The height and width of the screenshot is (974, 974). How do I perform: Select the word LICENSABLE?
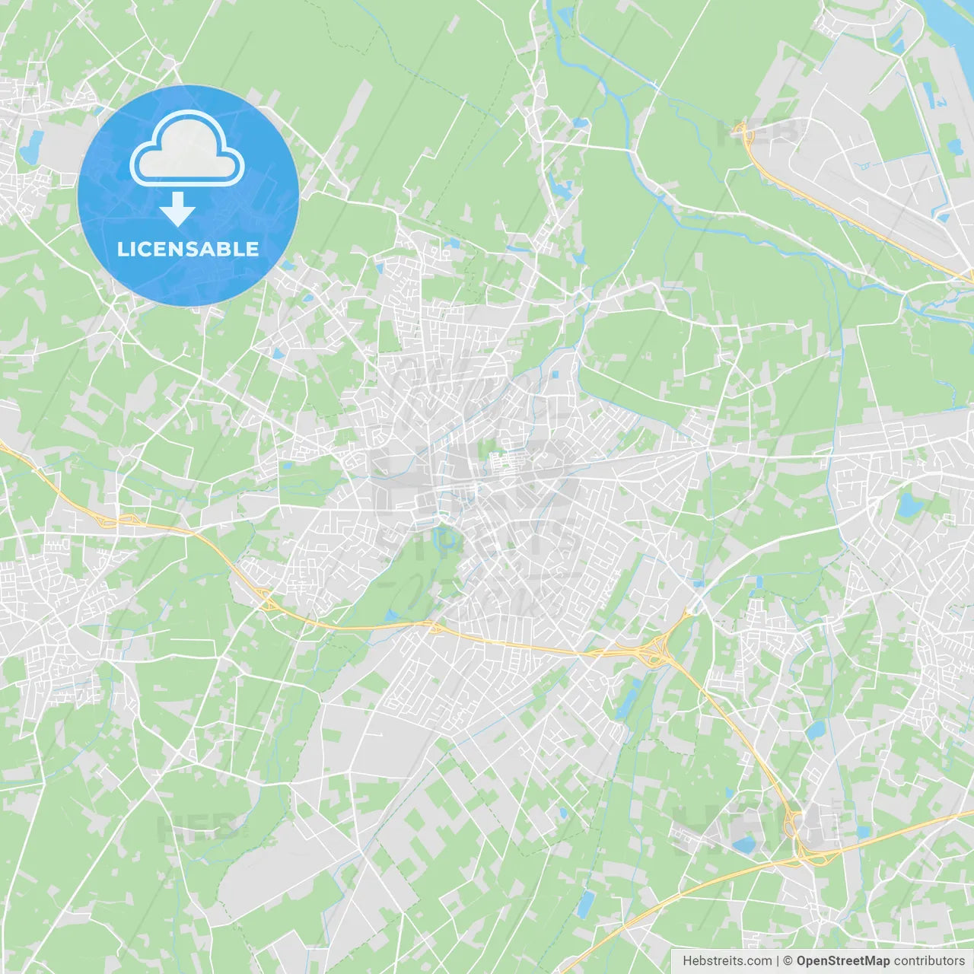188,249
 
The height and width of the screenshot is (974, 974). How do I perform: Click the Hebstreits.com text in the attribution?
727,960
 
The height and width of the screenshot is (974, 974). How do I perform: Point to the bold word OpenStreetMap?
843,960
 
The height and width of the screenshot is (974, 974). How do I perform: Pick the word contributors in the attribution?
929,960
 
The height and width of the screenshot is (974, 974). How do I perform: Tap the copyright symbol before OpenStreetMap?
788,960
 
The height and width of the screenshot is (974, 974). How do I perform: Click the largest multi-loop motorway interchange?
651,651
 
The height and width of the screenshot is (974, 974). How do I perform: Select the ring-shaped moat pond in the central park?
439,537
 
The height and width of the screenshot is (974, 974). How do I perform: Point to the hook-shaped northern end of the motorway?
741,133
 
